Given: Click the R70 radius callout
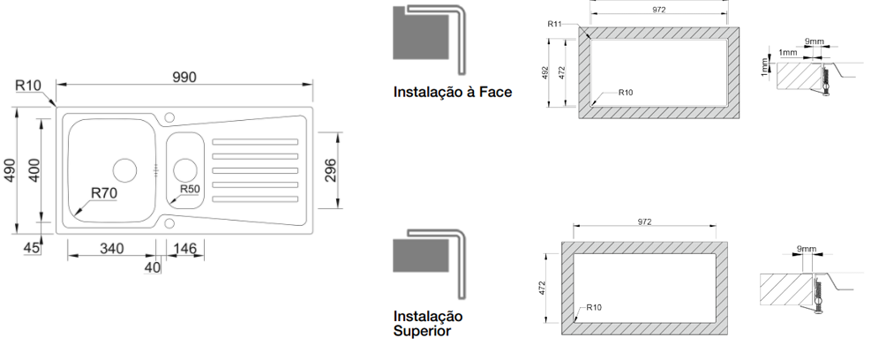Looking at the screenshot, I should [103, 193].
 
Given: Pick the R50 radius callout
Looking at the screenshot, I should [190, 189].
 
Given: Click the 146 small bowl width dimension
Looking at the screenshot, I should [185, 248].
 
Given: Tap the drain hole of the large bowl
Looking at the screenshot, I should [124, 169].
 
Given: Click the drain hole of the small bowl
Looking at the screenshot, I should [184, 169].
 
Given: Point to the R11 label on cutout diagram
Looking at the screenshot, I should [554, 24].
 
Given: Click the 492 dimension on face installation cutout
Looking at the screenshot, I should [545, 71].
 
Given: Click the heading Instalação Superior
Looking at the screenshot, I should [429, 324].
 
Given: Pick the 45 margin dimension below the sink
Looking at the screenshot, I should [32, 248].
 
